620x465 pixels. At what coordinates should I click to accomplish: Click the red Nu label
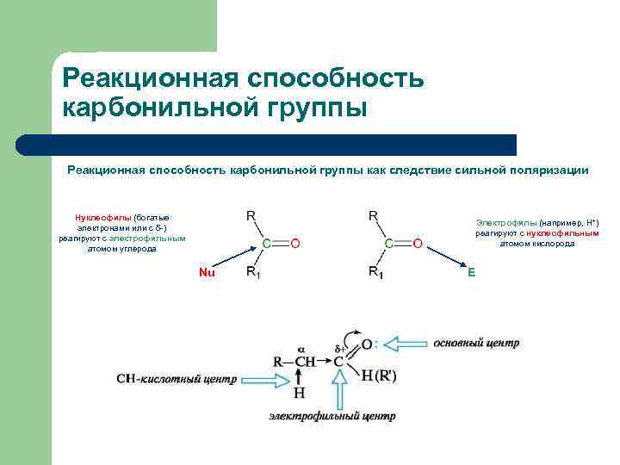pos(206,273)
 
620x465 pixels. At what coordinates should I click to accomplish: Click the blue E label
pos(471,273)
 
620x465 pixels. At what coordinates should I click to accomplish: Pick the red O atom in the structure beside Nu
pos(294,244)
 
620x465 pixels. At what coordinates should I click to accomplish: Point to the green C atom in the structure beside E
pos(389,244)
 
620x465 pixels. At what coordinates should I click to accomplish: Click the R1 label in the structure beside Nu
pos(255,272)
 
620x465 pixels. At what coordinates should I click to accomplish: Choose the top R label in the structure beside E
pos(374,215)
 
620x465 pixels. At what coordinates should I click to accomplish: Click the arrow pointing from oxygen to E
pos(443,256)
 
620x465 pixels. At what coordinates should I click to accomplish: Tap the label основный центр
pos(476,343)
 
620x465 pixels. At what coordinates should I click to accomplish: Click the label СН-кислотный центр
pos(177,378)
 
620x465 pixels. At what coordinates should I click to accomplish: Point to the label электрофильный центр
pos(332,416)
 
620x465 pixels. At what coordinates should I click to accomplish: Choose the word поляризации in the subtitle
pos(548,170)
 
